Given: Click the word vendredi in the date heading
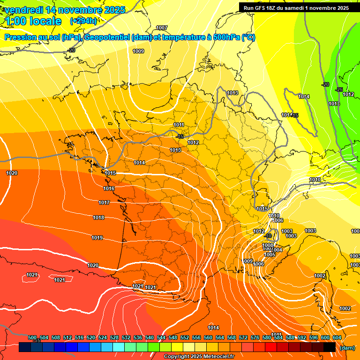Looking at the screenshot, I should click(24, 10).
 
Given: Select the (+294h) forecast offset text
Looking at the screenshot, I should click(83, 21).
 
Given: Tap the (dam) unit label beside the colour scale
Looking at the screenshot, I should click(347, 347).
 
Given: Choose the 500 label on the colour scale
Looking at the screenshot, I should click(32, 338).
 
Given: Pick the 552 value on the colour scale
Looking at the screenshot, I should click(185, 338).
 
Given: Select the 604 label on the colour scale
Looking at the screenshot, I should click(337, 338).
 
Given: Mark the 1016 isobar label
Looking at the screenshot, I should click(109, 188).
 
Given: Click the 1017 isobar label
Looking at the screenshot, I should click(104, 202).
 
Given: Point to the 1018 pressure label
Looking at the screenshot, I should click(98, 217).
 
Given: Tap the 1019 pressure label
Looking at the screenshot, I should click(97, 238).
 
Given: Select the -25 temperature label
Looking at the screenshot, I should click(339, 90).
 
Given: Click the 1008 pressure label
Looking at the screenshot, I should click(268, 245).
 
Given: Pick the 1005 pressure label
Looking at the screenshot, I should click(270, 255).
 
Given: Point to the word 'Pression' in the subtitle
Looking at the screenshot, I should click(20, 37).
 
